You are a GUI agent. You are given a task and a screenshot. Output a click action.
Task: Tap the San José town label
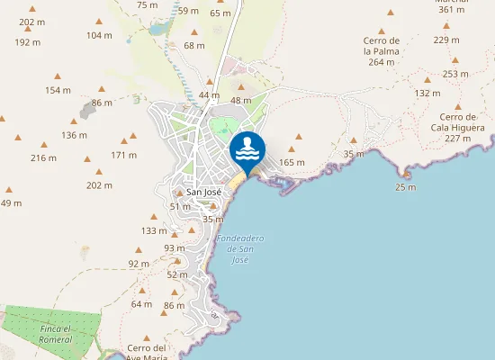pyautogui.click(x=203, y=192)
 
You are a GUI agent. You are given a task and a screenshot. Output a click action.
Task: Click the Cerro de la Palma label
pyautogui.click(x=381, y=51)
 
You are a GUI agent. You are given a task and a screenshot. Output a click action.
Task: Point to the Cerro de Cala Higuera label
pyautogui.click(x=457, y=127)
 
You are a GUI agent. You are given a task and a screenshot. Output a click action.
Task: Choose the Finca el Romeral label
pyautogui.click(x=57, y=334)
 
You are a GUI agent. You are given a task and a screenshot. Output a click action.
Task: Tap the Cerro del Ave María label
pyautogui.click(x=148, y=352)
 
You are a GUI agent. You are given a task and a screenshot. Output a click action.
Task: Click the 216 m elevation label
pyautogui.click(x=43, y=158)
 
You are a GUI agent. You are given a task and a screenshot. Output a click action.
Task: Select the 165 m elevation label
pyautogui.click(x=292, y=162)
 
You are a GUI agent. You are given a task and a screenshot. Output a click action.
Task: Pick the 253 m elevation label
pyautogui.click(x=456, y=74)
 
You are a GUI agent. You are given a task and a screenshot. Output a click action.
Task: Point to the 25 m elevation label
pyautogui.click(x=406, y=187)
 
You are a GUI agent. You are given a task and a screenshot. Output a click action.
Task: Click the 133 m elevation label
pyautogui.click(x=155, y=231)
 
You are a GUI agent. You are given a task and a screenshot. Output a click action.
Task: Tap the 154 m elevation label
pyautogui.click(x=58, y=90)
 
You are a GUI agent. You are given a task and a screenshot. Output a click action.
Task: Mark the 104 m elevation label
pyautogui.click(x=99, y=35)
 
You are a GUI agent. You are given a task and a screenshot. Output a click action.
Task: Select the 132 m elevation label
pyautogui.click(x=427, y=93)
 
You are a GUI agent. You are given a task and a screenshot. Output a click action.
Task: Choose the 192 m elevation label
pyautogui.click(x=28, y=42)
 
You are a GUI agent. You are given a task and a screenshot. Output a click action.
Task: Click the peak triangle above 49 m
pyautogui.click(x=9, y=190)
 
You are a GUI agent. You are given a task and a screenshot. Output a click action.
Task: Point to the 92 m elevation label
pyautogui.click(x=139, y=264)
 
